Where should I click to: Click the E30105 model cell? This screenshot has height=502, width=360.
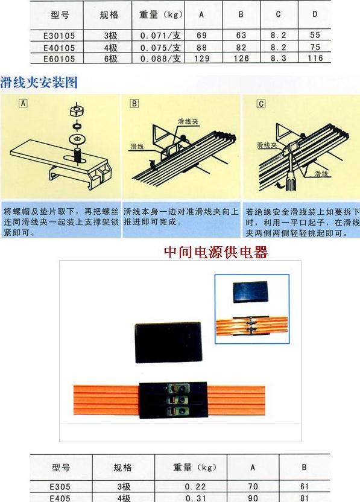pyautogui.click(x=59, y=36)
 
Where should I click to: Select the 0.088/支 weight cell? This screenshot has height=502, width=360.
pyautogui.click(x=160, y=59)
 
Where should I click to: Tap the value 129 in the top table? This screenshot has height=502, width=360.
pyautogui.click(x=201, y=59)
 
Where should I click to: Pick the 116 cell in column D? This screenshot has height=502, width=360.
pyautogui.click(x=315, y=58)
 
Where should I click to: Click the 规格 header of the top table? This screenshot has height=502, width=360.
pyautogui.click(x=109, y=14)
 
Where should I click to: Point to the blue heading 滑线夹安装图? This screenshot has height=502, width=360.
pyautogui.click(x=39, y=82)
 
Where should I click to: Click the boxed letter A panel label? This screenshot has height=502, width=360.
pyautogui.click(x=23, y=103)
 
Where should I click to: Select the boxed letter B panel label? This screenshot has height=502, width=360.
pyautogui.click(x=134, y=103)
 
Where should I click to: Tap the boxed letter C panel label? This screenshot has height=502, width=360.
pyautogui.click(x=261, y=104)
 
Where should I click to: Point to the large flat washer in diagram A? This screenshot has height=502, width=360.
pyautogui.click(x=77, y=139)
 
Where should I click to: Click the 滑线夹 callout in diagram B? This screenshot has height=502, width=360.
pyautogui.click(x=188, y=121)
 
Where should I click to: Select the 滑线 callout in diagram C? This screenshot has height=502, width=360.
pyautogui.click(x=321, y=174)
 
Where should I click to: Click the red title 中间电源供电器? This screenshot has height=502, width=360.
pyautogui.click(x=216, y=252)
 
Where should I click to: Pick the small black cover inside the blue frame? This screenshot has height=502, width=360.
pyautogui.click(x=250, y=292)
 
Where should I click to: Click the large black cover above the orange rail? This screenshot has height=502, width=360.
pyautogui.click(x=168, y=343)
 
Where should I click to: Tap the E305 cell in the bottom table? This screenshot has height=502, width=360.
pyautogui.click(x=60, y=487)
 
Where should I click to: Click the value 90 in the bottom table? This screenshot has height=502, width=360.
pyautogui.click(x=253, y=498)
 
